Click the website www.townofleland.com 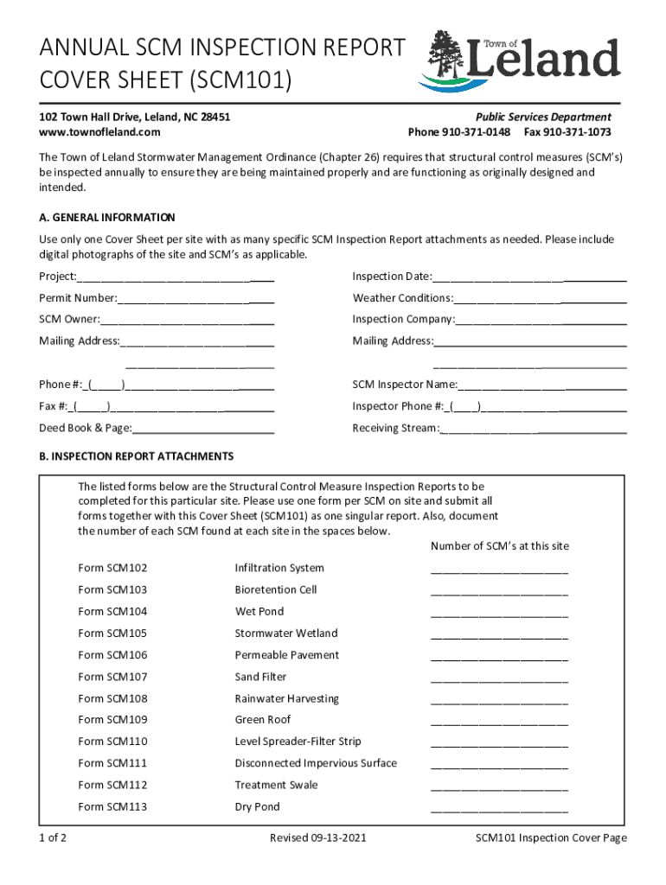click(x=99, y=132)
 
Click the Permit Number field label click(x=78, y=298)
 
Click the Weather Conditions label click(x=402, y=298)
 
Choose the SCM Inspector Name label click(x=404, y=385)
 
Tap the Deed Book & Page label click(x=85, y=429)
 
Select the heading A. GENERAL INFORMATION click(x=106, y=218)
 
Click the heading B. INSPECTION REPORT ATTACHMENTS click(x=136, y=455)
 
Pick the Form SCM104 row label click(x=112, y=612)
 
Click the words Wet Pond click(x=259, y=612)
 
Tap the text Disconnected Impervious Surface click(x=316, y=763)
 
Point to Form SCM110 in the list click(x=112, y=742)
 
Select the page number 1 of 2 click(x=54, y=838)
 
